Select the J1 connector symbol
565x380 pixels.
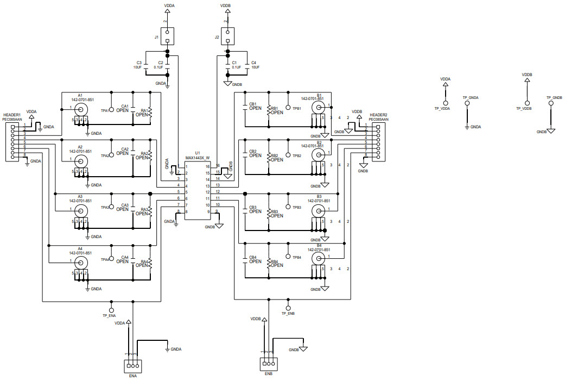[x=167, y=36]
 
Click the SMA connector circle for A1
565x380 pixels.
[x=80, y=109]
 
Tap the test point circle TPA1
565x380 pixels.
[x=112, y=109]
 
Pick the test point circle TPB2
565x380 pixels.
[x=288, y=147]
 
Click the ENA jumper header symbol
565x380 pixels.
[x=132, y=364]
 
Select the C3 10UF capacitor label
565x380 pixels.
[x=138, y=65]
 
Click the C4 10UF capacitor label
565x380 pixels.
[x=255, y=65]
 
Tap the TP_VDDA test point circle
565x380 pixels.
[x=446, y=103]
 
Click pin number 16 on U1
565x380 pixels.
[x=218, y=166]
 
